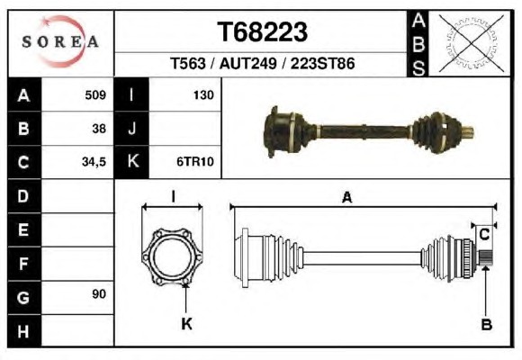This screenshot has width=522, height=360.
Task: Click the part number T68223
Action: click(x=262, y=32)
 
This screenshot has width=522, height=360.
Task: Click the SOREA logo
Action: click(x=60, y=41)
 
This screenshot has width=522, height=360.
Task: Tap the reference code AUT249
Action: click(x=247, y=63)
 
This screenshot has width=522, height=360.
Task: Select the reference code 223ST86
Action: click(x=322, y=63)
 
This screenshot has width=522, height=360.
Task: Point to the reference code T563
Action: click(x=188, y=63)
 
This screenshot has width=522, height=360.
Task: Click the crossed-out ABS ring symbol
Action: click(x=471, y=43)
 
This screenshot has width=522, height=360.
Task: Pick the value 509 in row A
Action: click(x=95, y=95)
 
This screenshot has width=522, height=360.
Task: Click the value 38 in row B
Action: click(x=99, y=129)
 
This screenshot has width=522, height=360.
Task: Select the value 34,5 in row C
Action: click(x=94, y=162)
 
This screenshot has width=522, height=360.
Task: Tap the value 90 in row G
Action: click(x=99, y=294)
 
